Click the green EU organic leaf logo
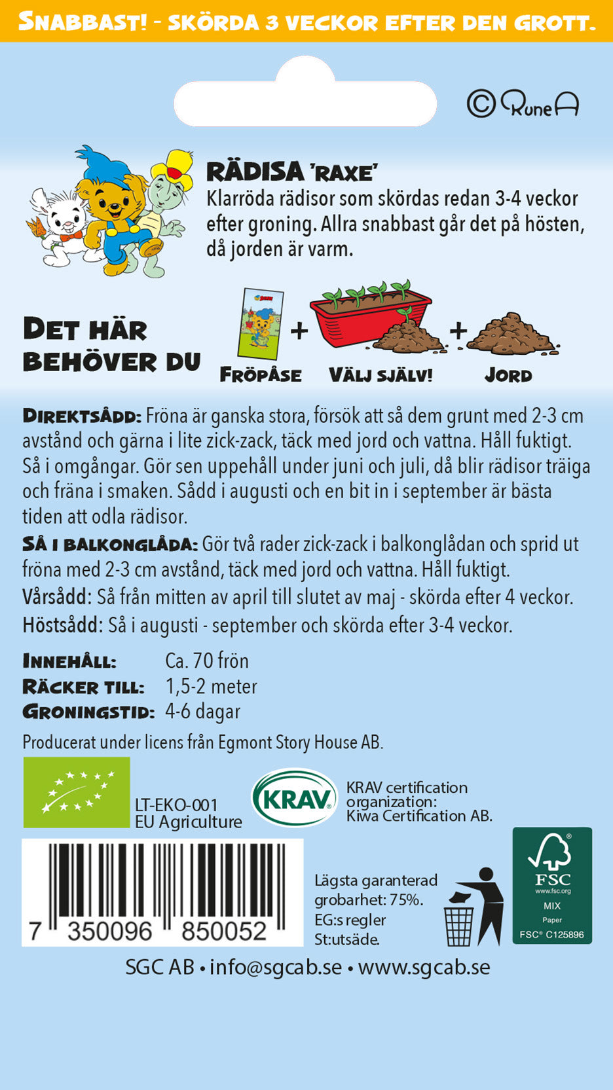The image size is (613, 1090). click(77, 792)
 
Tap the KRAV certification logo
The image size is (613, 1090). click(295, 797)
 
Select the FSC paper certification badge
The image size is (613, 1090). click(552, 885)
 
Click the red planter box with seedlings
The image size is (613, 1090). click(370, 314)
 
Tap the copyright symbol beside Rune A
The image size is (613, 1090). click(481, 103)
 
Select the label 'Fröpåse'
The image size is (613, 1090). click(261, 375)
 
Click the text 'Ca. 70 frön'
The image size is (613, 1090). click(207, 661)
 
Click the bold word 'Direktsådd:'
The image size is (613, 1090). click(82, 416)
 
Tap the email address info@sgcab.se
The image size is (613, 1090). click(276, 967)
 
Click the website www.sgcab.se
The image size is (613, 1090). click(424, 967)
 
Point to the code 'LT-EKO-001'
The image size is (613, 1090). click(176, 805)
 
